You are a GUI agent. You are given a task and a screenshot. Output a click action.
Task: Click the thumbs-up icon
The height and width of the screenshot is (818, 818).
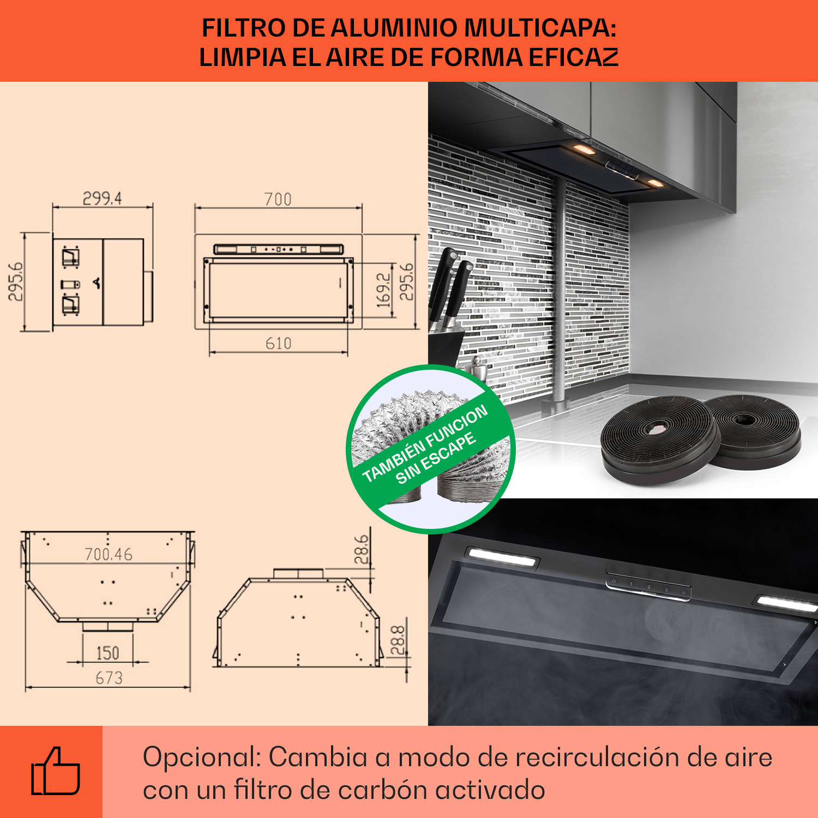click(56, 771)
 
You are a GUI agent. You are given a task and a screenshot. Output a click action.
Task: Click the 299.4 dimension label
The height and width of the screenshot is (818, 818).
click(102, 199)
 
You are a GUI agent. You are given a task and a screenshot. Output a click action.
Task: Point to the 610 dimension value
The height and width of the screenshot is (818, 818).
click(278, 344)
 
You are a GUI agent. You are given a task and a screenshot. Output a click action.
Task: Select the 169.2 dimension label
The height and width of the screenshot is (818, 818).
click(384, 290)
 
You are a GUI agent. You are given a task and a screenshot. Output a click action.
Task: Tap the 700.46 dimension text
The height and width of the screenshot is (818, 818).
click(109, 555)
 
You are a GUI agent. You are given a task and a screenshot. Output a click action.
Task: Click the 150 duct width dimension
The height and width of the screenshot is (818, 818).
click(107, 653)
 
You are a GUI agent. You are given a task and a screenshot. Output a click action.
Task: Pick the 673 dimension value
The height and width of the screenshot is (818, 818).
click(109, 678)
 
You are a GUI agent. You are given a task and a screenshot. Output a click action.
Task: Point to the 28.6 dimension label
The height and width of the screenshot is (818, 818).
click(362, 549)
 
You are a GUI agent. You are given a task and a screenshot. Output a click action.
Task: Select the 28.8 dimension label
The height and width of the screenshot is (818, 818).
click(398, 640)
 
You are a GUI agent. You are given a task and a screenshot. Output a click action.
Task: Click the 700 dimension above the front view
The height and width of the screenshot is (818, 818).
click(278, 200)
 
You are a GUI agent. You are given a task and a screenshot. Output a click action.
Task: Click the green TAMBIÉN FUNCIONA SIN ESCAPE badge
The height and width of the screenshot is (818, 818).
click(431, 449)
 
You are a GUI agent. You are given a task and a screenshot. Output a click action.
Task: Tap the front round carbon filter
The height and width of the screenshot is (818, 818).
click(660, 439)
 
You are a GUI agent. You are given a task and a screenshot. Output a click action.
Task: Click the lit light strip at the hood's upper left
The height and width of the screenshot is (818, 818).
click(501, 556)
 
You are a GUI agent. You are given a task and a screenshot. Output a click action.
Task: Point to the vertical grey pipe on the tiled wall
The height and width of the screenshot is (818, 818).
click(559, 294)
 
